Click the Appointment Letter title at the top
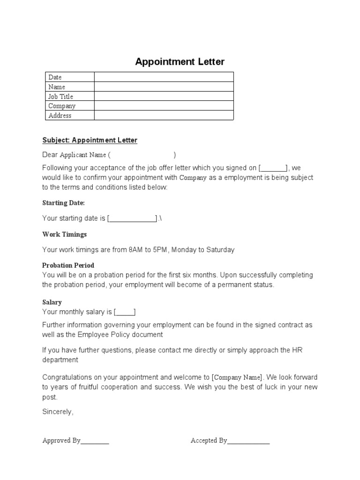coord(180,62)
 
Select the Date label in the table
coord(55,77)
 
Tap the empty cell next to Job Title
coord(164,97)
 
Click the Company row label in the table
coord(62,106)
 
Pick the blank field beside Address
coord(164,115)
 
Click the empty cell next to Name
coord(164,87)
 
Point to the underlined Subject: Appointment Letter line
coord(90,140)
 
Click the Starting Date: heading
coord(64,203)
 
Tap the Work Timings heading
coord(65,234)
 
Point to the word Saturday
coord(219,250)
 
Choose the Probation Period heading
coord(68,265)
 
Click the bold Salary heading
coord(52,302)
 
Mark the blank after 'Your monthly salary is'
coord(125,312)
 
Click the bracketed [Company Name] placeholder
coord(238,377)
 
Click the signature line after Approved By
coord(95,442)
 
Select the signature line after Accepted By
coord(248,442)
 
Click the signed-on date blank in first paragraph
coord(273,168)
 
